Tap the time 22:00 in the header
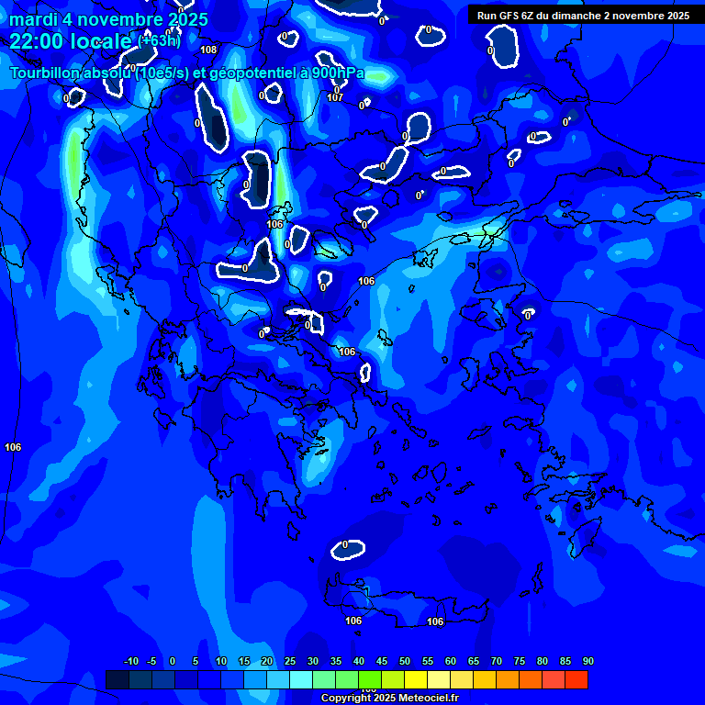(42, 41)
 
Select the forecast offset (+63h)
(160, 40)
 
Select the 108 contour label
(208, 50)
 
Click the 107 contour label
(335, 97)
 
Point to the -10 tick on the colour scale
(130, 662)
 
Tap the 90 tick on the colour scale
(587, 662)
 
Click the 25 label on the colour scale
(289, 662)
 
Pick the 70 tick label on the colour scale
(496, 662)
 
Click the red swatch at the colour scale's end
(576, 679)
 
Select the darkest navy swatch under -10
(117, 679)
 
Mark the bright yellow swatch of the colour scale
(415, 679)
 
